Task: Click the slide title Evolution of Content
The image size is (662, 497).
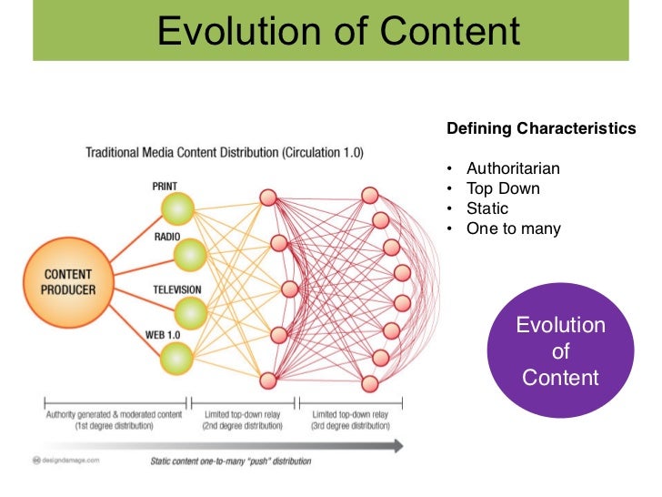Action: (338, 31)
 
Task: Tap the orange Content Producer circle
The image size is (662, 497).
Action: (69, 282)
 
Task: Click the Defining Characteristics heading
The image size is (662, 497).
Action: (541, 129)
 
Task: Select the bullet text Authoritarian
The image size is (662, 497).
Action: (513, 169)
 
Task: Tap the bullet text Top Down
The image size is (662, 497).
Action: (503, 189)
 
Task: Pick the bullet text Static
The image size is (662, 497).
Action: (487, 209)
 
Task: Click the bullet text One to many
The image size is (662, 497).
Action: (514, 229)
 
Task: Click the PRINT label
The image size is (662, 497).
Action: (165, 186)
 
